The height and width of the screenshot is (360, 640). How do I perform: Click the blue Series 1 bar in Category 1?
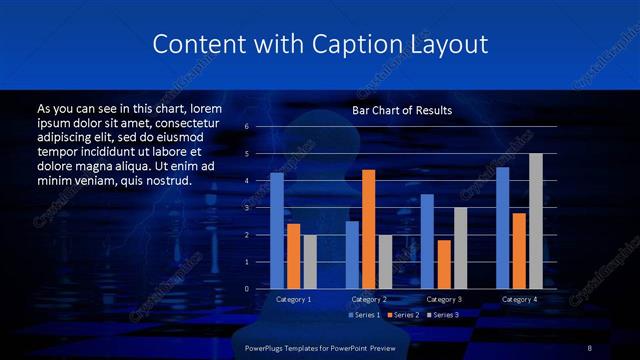277,230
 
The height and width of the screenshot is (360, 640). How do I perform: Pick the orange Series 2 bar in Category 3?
443,263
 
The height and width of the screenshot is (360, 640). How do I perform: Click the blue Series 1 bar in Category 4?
502,227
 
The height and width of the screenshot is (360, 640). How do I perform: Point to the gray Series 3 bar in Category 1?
309,261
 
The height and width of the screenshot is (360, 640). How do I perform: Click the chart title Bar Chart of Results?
402,110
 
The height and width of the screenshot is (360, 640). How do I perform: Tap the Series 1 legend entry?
364,315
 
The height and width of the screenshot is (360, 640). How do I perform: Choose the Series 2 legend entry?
402,315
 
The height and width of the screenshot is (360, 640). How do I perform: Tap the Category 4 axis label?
519,299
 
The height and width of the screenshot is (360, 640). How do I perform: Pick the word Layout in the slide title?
443,45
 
